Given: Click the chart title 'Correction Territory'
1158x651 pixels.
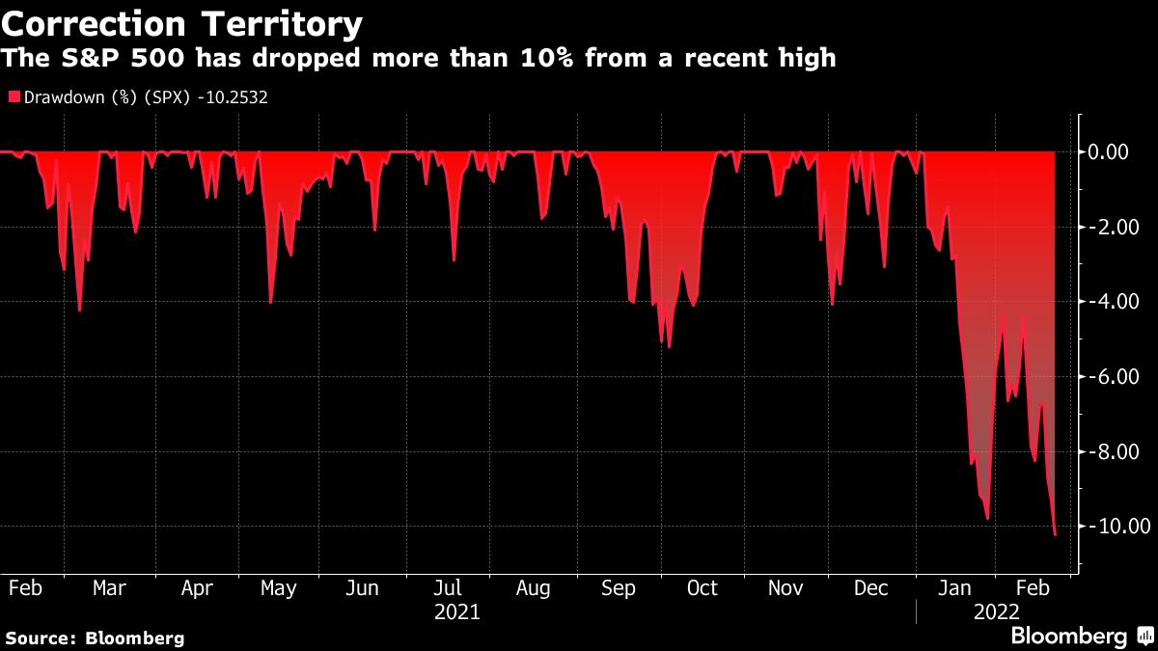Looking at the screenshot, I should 183,23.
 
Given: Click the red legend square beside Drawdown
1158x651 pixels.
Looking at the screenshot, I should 14,97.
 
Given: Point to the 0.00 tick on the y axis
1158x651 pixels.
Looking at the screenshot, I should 1109,152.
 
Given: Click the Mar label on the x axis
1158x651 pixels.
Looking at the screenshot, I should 109,588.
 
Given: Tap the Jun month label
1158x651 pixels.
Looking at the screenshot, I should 361,588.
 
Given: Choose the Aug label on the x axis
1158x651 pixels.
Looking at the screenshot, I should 533,588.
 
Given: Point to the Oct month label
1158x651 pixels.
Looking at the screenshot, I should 703,588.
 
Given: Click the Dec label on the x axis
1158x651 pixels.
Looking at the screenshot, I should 871,588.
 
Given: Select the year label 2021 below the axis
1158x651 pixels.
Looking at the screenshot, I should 456,611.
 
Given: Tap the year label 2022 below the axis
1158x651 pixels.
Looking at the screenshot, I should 996,611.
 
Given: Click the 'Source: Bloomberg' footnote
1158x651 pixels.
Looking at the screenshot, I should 95,637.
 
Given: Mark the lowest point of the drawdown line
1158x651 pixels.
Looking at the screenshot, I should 1055,534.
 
